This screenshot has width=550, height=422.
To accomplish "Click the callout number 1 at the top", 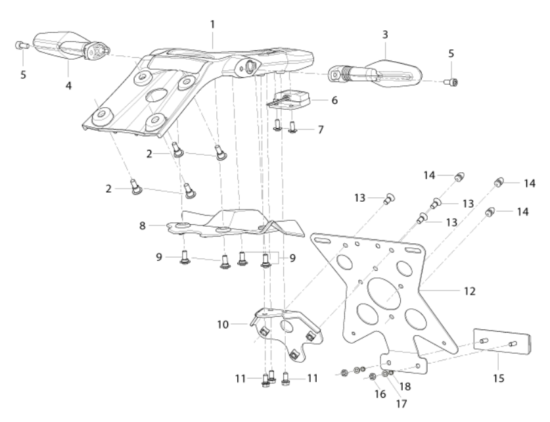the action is [x=212, y=24].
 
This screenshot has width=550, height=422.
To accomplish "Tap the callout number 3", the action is [x=385, y=35].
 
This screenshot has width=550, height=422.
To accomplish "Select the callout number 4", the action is [x=69, y=85].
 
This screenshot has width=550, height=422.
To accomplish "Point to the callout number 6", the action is [x=334, y=101].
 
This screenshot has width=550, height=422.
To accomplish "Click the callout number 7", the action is [x=321, y=129].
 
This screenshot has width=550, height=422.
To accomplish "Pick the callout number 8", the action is [x=142, y=225].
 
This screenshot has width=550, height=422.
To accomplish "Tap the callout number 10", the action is [x=223, y=325].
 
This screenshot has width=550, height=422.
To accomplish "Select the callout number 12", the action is [x=470, y=291].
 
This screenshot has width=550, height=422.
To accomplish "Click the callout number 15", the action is [x=499, y=379].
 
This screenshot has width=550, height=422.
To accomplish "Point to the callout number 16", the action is [x=380, y=394].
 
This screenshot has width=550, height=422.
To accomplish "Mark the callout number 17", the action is [x=401, y=404].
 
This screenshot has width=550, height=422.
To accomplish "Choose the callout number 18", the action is [x=405, y=387].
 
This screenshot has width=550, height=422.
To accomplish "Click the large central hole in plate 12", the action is [x=384, y=292].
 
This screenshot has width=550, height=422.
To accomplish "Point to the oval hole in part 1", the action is [x=157, y=96].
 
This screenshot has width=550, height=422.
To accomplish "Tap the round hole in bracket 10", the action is [x=287, y=327].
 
